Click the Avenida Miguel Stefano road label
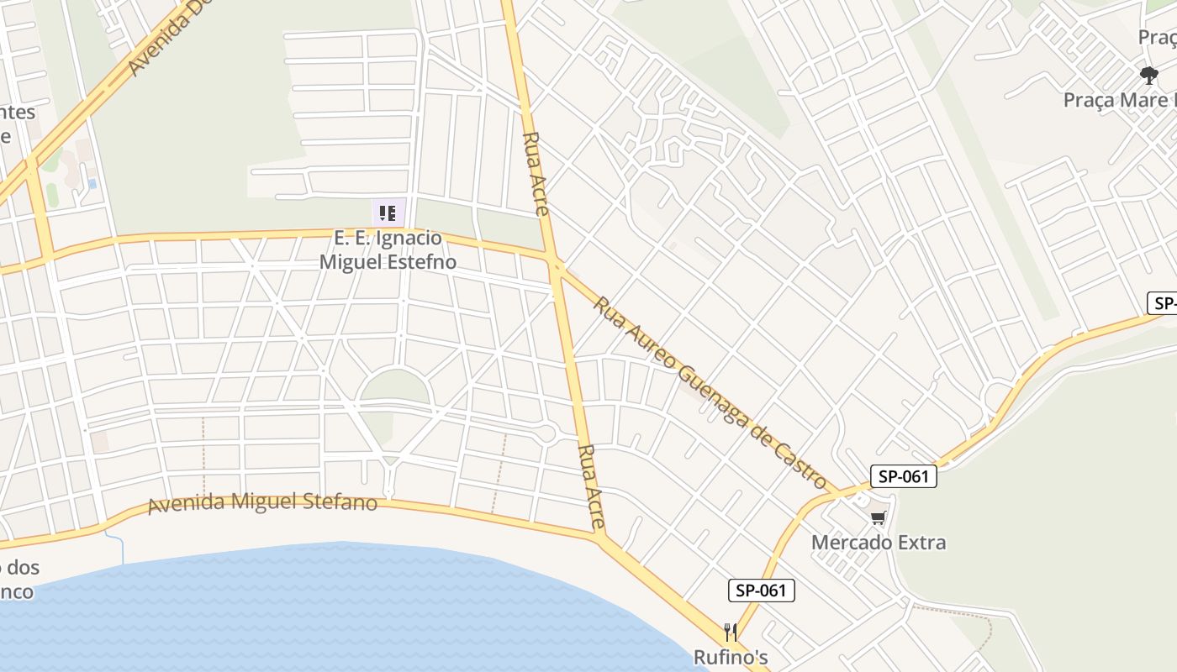[262, 503]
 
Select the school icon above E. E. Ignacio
[387, 213]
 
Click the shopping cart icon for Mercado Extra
[879, 518]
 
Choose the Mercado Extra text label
[879, 542]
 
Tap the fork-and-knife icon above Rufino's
[731, 633]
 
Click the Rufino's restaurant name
[731, 657]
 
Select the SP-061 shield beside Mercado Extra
[903, 477]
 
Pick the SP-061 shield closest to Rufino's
[761, 591]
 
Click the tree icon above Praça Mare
[1149, 76]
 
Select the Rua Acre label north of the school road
[536, 173]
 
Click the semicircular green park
[394, 388]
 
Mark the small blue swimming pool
[92, 183]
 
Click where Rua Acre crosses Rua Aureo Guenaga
[556, 267]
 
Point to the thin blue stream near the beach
[122, 548]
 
